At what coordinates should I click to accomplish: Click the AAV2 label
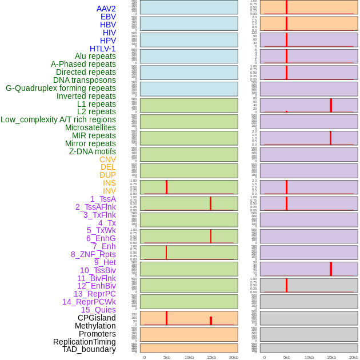point(106,9)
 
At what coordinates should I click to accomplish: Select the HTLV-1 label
point(103,49)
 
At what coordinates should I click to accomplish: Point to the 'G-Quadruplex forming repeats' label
point(61,88)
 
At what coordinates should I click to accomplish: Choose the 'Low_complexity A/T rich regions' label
point(58,119)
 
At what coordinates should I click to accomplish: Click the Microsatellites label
point(90,127)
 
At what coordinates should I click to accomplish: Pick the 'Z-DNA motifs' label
point(93,151)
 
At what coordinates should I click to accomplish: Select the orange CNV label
point(107,159)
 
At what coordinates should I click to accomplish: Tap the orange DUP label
point(107,175)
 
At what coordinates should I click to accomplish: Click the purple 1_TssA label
point(103,199)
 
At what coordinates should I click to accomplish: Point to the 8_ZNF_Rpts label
point(93,254)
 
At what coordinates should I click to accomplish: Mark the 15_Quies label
point(98,310)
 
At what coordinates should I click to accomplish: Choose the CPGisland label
point(97,318)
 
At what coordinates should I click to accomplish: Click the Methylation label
point(95,326)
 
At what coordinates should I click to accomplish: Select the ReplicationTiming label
point(85,342)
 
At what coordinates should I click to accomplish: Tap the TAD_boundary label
point(89,349)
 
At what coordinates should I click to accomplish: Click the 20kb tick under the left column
point(234,357)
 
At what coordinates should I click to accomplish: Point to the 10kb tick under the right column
point(309,357)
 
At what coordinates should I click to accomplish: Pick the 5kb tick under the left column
point(167,357)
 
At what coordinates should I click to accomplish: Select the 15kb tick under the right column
point(331,357)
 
